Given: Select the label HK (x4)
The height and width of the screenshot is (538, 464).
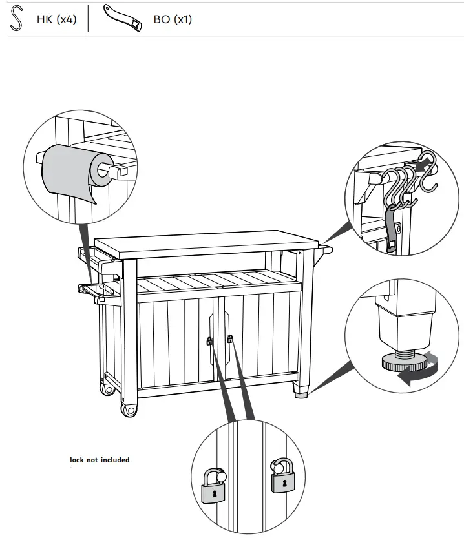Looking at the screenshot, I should pos(56,19).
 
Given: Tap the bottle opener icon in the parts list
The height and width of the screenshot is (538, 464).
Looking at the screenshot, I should pos(125,19).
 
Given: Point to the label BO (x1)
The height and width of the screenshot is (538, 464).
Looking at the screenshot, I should pos(172,19).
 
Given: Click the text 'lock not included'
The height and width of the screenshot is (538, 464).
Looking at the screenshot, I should pos(100,460).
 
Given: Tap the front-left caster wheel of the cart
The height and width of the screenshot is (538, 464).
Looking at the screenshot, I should pos(129,409).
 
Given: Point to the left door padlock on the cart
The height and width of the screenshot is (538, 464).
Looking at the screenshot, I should pos(209,341).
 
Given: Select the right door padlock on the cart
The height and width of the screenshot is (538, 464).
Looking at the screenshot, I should pos(229,338).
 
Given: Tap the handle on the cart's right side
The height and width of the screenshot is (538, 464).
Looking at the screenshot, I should pos(325,248).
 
